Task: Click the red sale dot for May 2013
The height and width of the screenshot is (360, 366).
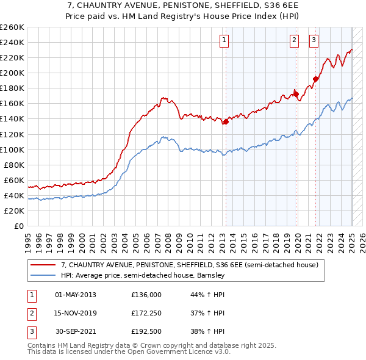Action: tap(226, 121)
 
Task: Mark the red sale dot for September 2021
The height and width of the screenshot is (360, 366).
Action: tap(316, 78)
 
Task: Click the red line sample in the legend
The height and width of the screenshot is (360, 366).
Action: tap(44, 265)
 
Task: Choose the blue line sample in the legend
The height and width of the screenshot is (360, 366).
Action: tap(44, 275)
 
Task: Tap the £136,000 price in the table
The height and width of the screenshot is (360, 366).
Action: tap(146, 294)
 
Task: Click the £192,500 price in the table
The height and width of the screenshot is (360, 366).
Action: tap(146, 332)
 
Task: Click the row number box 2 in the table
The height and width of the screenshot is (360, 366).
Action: tap(30, 313)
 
